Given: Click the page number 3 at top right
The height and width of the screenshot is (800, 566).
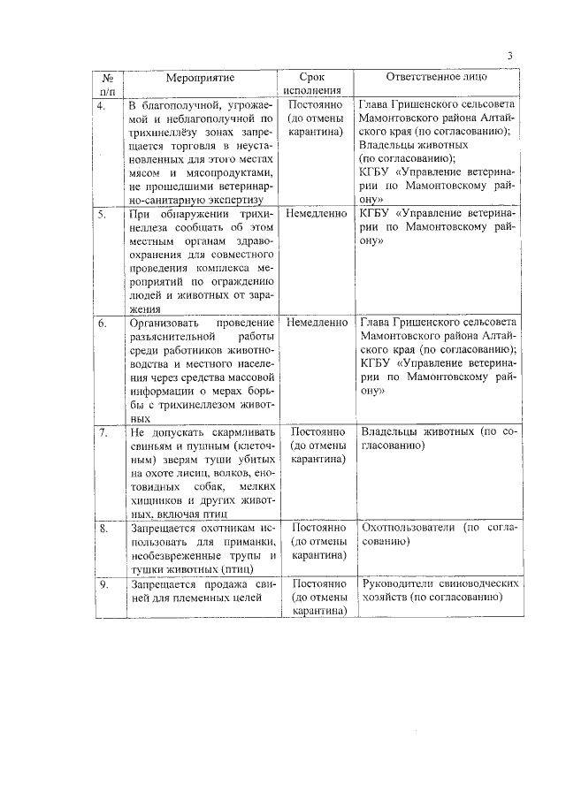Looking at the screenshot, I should pos(509,57).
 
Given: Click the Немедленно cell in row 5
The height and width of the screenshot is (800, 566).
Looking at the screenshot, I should pos(316,214).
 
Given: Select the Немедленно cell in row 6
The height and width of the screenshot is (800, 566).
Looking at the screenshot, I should pos(316,323).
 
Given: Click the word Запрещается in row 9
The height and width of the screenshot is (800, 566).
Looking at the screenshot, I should pos(164,584).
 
